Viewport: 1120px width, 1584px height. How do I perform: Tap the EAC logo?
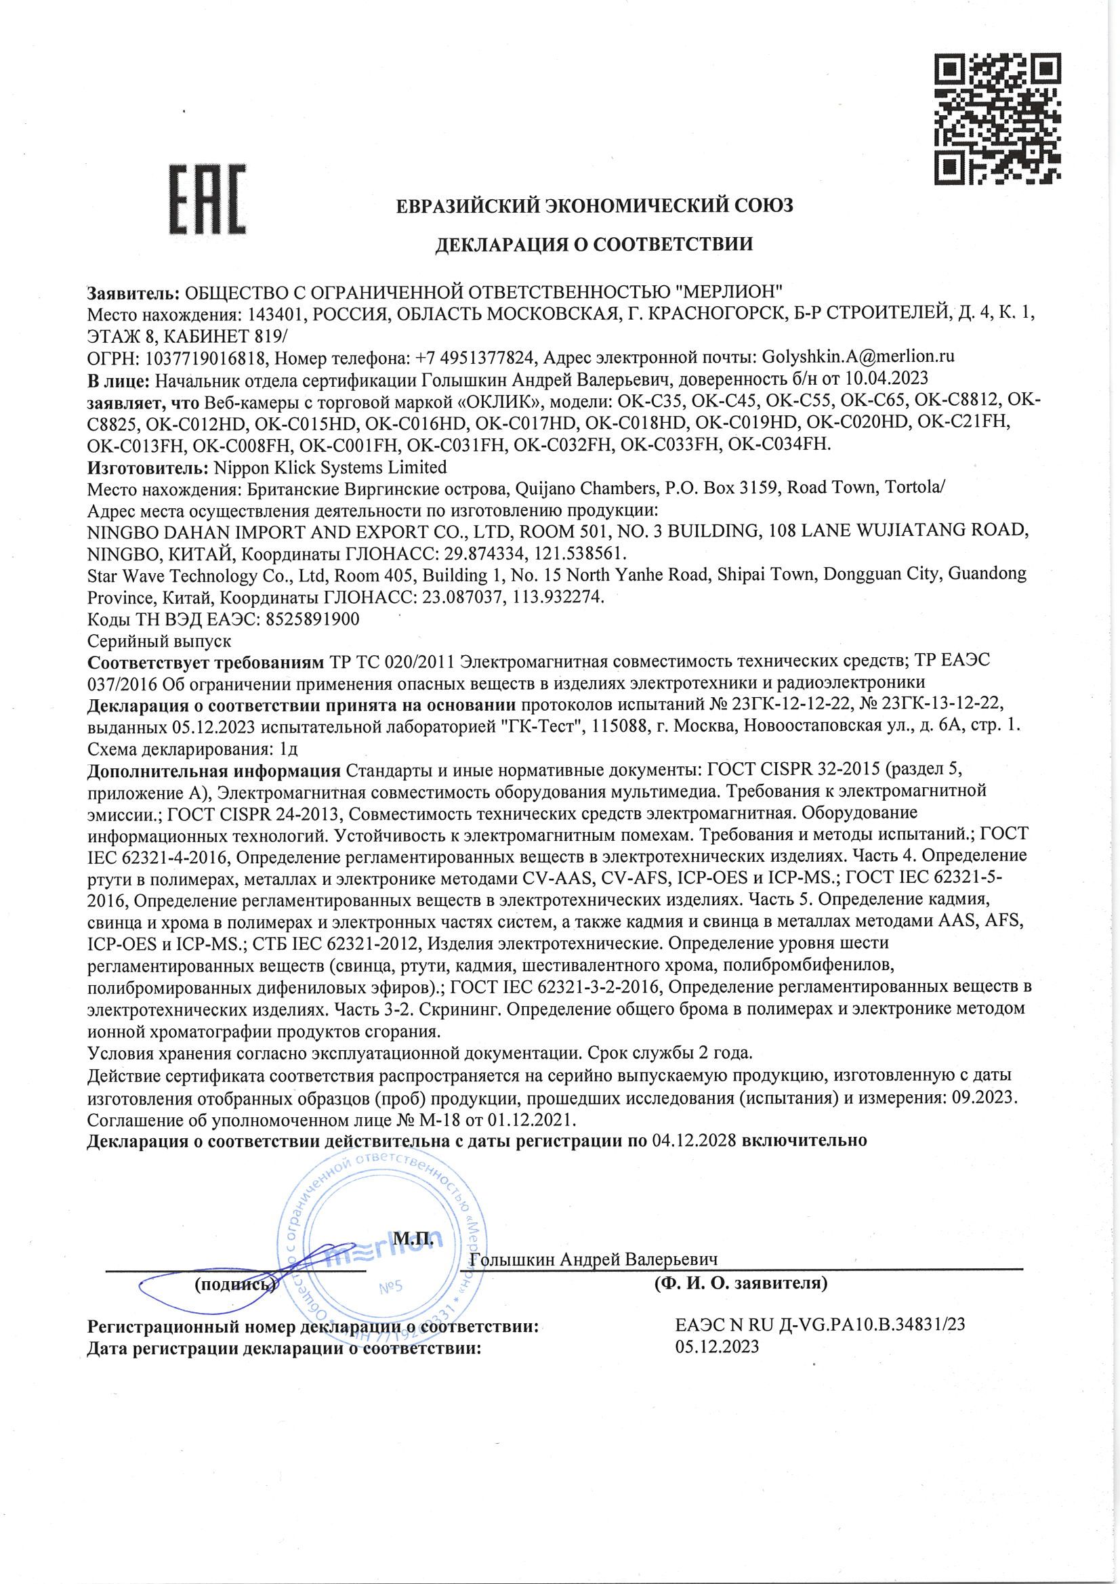[x=207, y=199]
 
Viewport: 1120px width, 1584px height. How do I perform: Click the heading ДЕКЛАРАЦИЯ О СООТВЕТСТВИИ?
[x=593, y=243]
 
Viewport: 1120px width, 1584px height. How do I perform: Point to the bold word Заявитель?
[x=134, y=293]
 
